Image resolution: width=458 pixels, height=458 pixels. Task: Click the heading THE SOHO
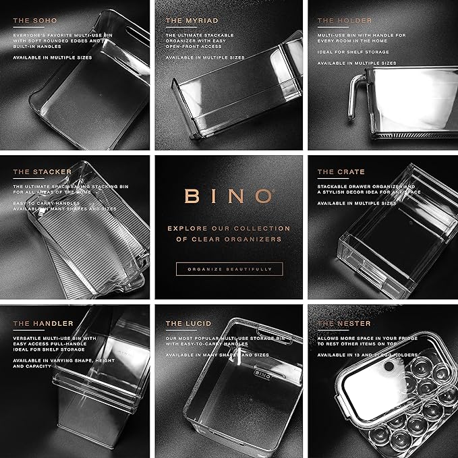point(32,20)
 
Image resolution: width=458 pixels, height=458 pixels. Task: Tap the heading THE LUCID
point(183,324)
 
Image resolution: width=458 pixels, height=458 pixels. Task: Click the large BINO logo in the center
point(229,196)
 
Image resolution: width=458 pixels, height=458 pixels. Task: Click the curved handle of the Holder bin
point(353,101)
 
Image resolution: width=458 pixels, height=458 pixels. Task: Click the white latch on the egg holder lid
point(391,368)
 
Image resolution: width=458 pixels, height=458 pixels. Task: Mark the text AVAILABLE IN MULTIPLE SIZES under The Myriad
point(205,58)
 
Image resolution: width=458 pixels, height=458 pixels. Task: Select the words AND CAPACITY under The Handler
point(34,367)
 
